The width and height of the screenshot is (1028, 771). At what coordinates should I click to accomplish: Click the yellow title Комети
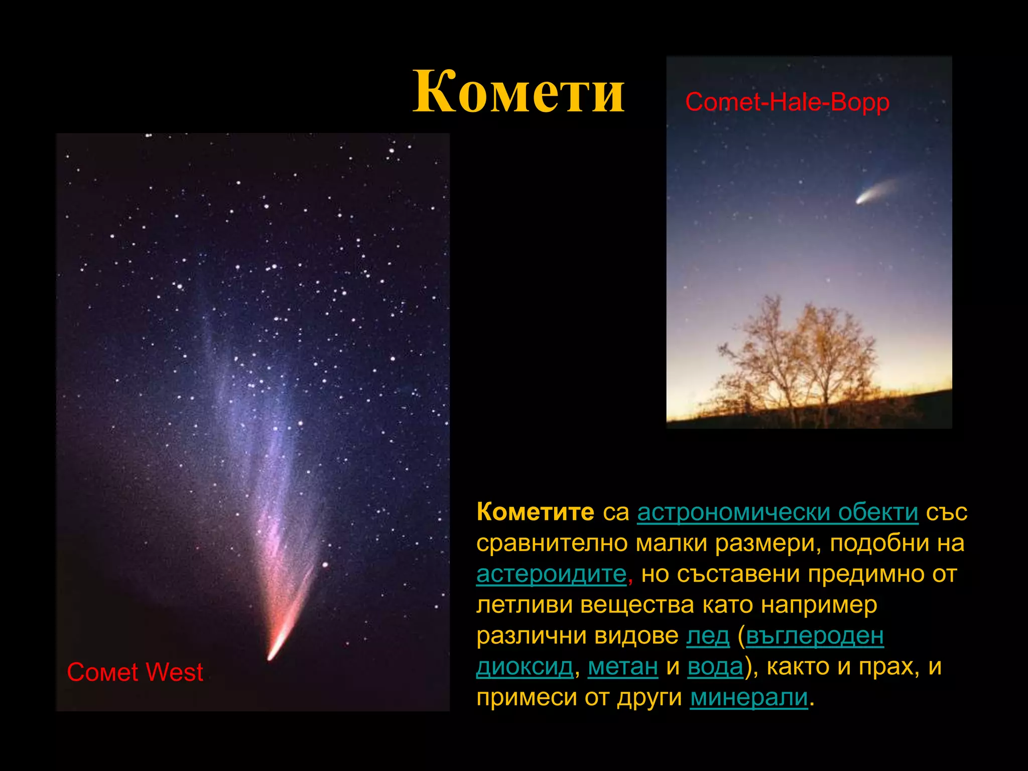519,92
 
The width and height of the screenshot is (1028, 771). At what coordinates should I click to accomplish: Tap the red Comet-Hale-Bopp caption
787,102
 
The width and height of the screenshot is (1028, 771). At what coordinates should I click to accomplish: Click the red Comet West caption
135,672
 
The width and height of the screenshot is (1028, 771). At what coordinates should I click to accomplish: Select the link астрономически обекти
778,512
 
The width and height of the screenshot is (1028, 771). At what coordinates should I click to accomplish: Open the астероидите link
551,574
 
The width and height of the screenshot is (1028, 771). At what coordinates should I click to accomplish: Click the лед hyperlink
708,636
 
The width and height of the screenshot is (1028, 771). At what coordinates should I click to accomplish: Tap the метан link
622,667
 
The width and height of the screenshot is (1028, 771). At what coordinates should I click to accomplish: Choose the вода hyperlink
715,667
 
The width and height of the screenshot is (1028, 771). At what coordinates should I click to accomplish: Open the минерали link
749,698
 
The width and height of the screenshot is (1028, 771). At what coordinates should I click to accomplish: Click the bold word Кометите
535,512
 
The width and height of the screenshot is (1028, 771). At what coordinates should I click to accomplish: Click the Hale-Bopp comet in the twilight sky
862,200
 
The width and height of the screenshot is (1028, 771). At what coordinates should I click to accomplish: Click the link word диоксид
524,667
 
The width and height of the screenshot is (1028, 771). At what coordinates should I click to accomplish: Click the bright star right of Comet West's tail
325,565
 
